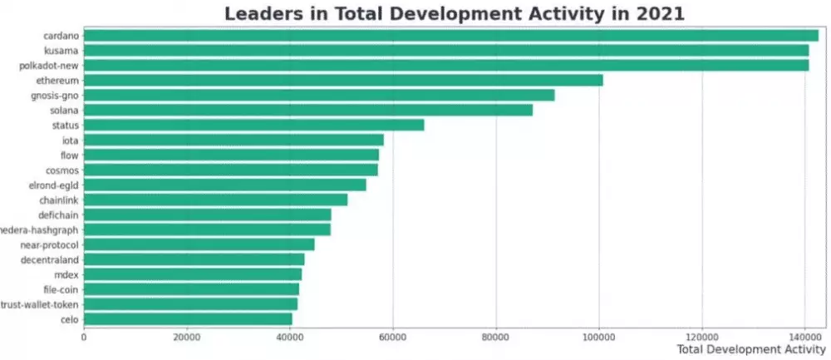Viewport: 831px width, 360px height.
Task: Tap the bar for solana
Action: tap(307, 110)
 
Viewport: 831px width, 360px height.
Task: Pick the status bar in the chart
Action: tap(253, 125)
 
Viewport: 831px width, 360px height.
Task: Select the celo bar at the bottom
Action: tap(187, 318)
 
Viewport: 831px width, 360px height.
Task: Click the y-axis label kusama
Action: tap(61, 51)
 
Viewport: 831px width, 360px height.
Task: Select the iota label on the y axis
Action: tap(70, 141)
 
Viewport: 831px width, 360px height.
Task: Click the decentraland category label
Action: tap(49, 259)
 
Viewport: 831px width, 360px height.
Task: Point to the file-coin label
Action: tap(61, 289)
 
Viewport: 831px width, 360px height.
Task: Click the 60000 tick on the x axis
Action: tap(392, 337)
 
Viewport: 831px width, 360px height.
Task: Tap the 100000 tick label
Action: tap(598, 337)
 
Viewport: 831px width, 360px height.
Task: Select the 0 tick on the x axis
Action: tap(84, 337)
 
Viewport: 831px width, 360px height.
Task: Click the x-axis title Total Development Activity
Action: tap(751, 350)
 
